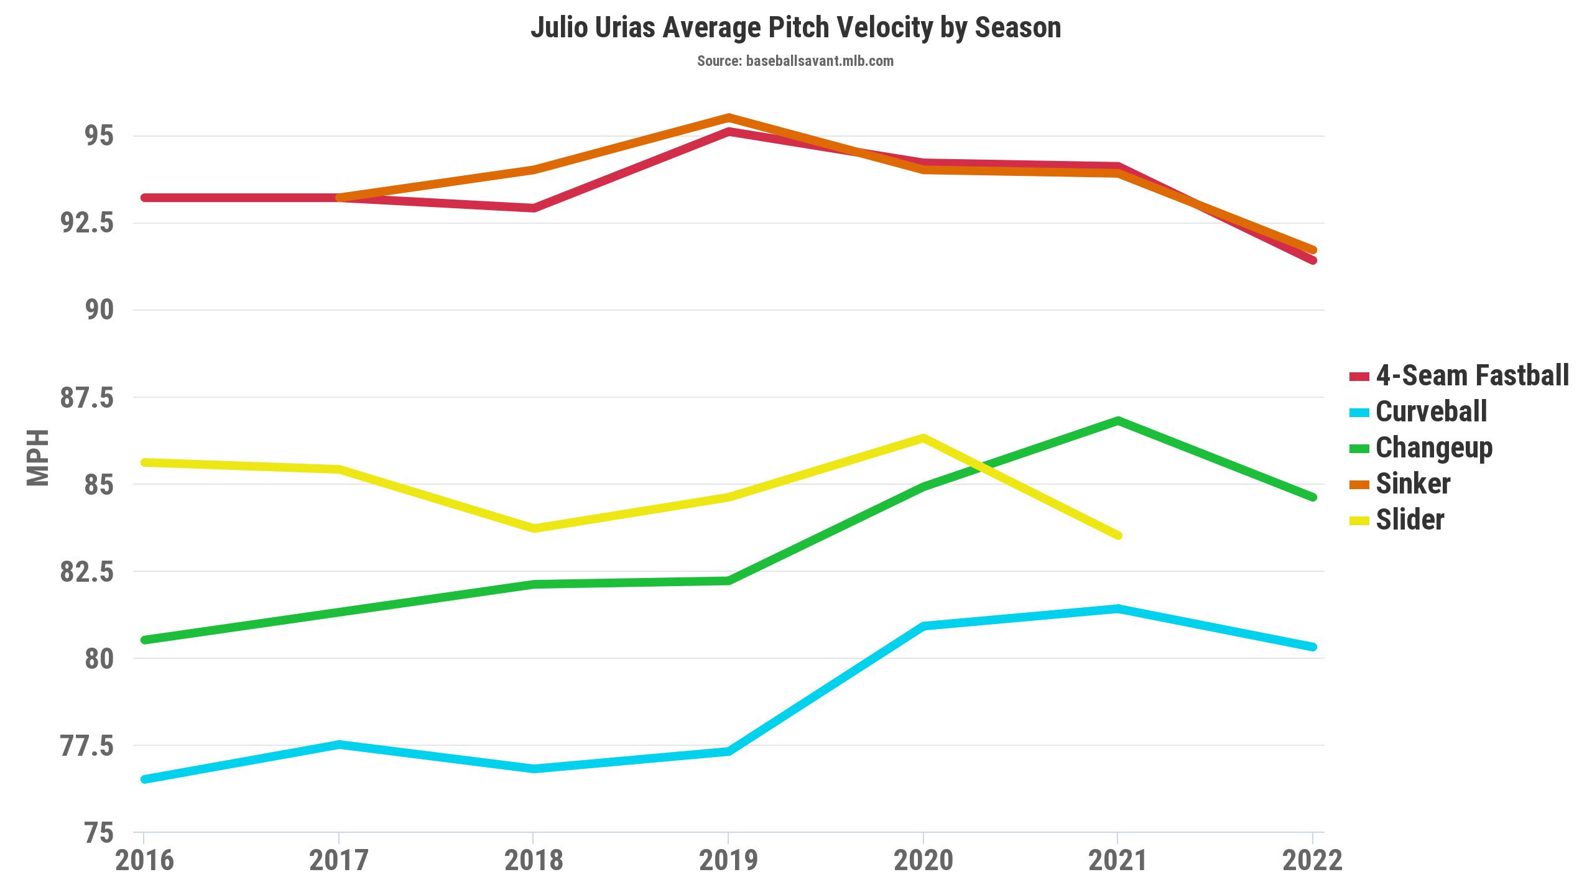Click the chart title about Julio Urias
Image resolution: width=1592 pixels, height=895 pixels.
[x=795, y=28]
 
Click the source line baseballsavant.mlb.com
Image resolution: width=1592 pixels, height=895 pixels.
[x=795, y=61]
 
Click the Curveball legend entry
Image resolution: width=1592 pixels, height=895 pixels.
[x=1431, y=411]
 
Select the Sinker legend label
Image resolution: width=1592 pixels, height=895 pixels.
[x=1413, y=484]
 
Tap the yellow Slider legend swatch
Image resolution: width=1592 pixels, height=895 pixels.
[x=1359, y=520]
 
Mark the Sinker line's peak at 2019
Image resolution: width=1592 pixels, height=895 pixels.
[x=728, y=117]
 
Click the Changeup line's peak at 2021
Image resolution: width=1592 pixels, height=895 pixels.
[x=1118, y=421]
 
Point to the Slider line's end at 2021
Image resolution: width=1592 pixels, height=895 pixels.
[x=1118, y=535]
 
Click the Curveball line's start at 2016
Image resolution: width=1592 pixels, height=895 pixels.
[x=144, y=779]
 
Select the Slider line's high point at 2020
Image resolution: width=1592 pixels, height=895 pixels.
[x=923, y=438]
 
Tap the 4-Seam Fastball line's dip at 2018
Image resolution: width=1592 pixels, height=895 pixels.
[x=534, y=208]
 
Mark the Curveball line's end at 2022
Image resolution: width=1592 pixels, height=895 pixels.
[x=1313, y=647]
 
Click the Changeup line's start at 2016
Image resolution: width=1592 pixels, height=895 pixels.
[x=144, y=640]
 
